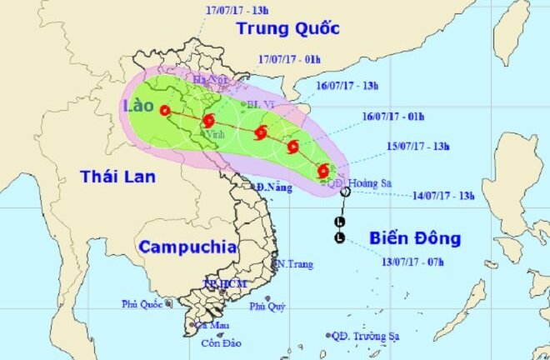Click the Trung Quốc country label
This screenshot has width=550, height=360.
[287, 28]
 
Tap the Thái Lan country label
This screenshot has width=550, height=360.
[112, 176]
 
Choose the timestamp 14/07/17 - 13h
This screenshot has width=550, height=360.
[442, 196]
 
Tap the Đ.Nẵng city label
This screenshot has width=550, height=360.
[273, 187]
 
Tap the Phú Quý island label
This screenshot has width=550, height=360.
[267, 307]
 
